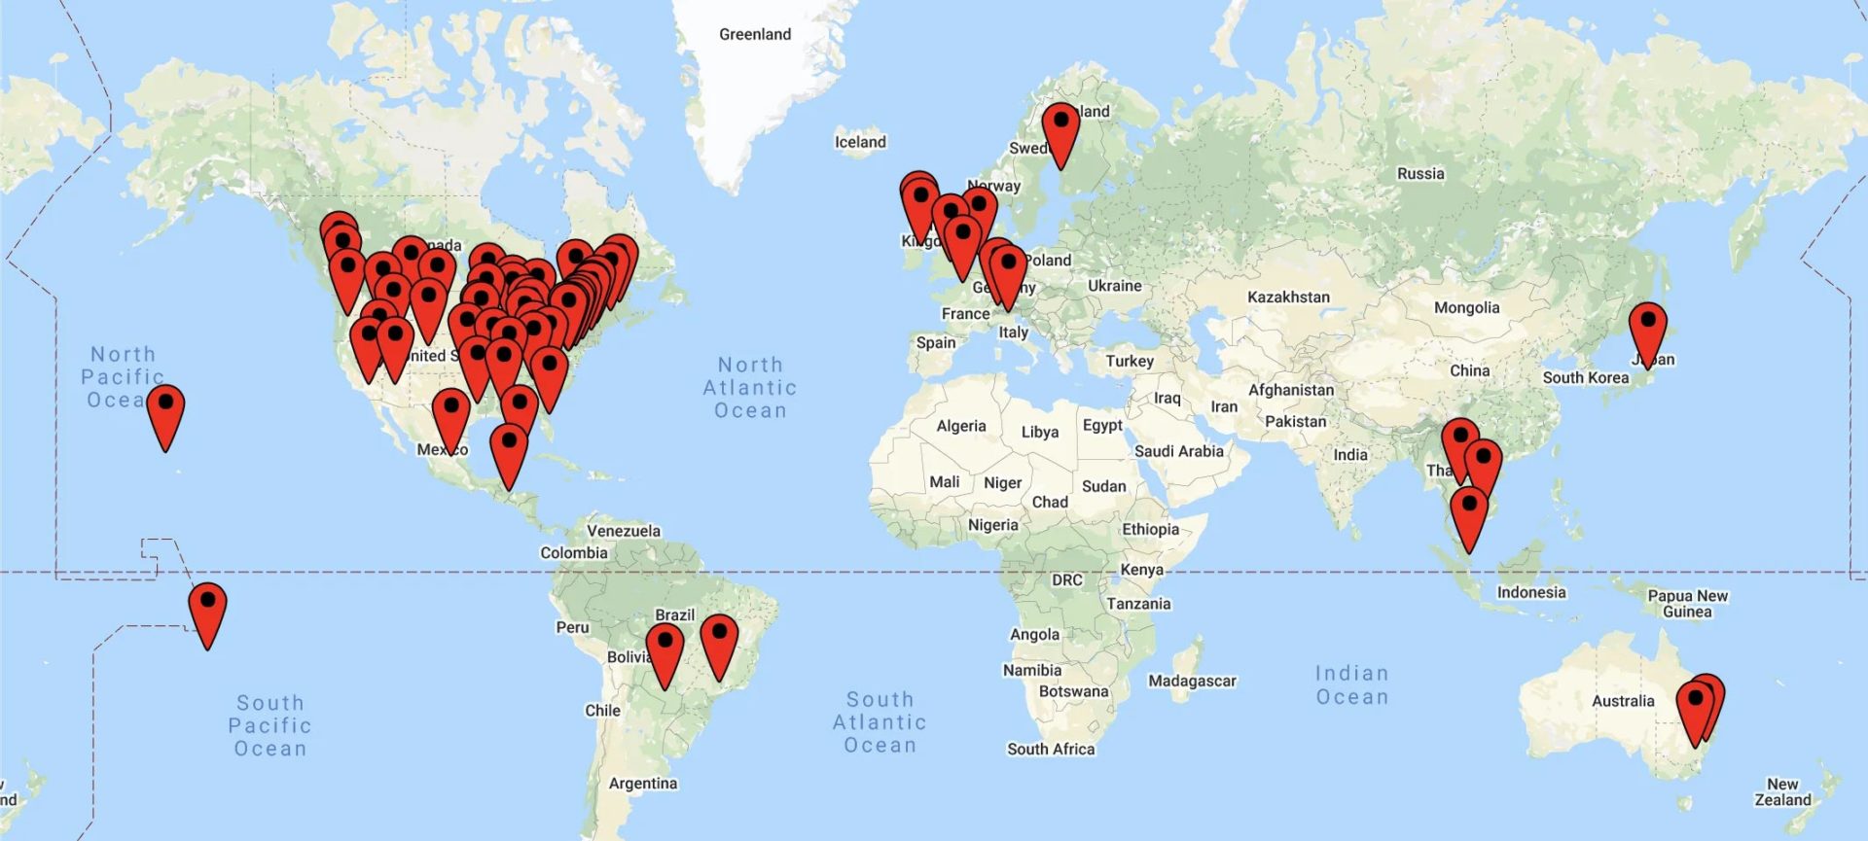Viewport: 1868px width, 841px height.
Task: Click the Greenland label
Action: pos(755,34)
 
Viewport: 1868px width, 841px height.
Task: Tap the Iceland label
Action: pos(860,142)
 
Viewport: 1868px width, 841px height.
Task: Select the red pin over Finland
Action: pos(1060,131)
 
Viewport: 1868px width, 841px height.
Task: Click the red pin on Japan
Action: pos(1647,332)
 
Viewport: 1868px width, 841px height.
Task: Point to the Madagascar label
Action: pos(1192,681)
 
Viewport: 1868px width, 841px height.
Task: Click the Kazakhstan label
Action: pos(1288,297)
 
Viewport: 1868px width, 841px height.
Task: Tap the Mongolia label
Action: pos(1466,307)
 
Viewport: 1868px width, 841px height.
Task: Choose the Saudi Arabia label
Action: pos(1178,451)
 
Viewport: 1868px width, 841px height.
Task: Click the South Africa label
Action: pos(1051,749)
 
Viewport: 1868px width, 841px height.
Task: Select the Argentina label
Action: pos(642,783)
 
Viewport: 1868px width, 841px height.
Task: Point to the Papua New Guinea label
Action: pos(1687,603)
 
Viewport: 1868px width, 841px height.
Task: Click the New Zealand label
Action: pos(1782,791)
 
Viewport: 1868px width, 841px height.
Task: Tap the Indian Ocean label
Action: pos(1351,684)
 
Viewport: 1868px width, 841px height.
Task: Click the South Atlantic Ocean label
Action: pos(880,722)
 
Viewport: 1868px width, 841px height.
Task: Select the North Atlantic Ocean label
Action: pos(750,387)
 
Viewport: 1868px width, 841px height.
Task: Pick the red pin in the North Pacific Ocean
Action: pos(165,415)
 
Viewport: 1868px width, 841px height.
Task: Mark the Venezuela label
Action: pos(624,531)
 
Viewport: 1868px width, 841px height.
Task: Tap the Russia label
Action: pos(1420,173)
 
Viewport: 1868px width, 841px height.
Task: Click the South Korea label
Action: pos(1585,377)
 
